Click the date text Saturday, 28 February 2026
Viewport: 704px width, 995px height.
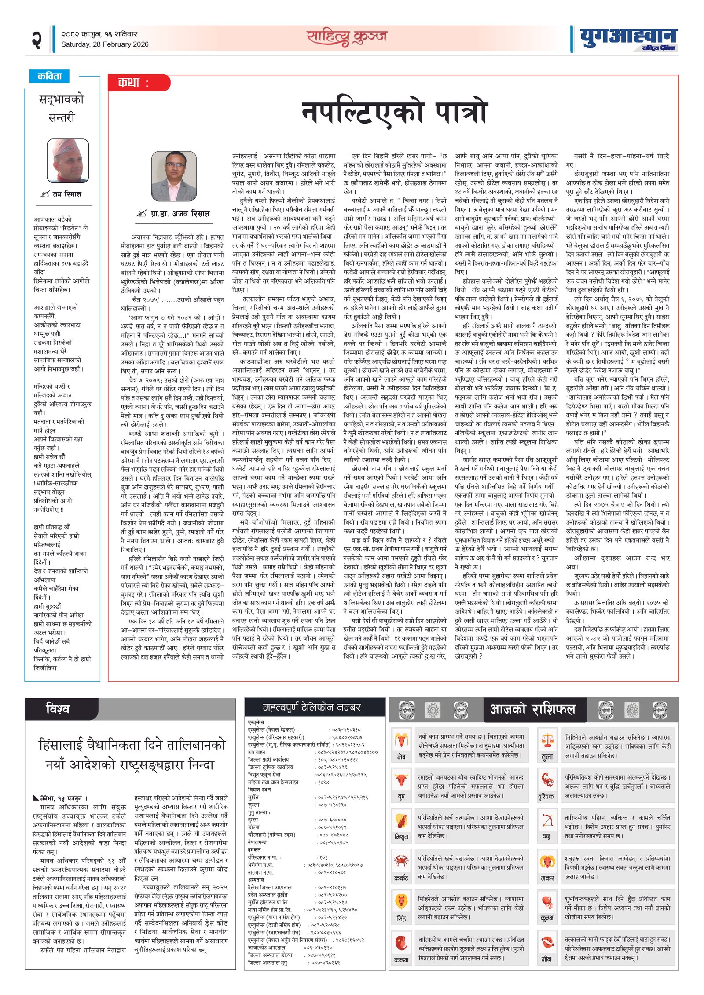tap(105, 44)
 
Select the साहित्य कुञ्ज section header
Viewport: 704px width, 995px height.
tap(347, 37)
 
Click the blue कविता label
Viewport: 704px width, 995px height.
tap(49, 76)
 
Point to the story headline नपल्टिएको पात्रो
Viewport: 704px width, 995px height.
tap(394, 113)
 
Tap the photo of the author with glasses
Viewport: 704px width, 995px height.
tap(174, 176)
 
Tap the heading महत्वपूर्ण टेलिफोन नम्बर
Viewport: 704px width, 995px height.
tap(312, 707)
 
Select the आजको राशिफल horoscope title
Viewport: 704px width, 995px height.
tap(532, 709)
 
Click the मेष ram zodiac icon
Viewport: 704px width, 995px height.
tap(401, 740)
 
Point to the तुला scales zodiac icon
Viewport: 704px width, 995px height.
tap(547, 740)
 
